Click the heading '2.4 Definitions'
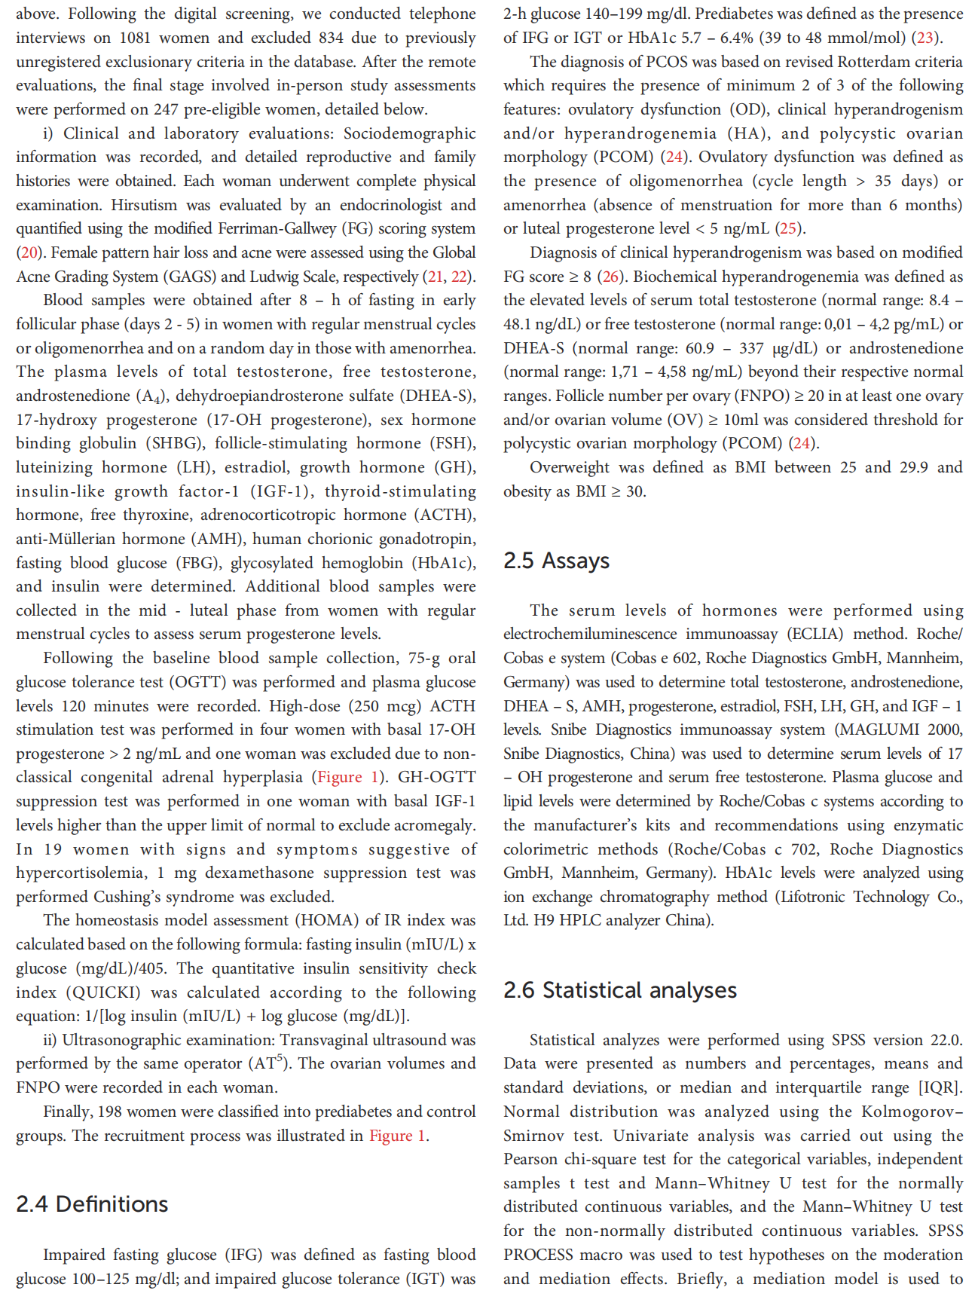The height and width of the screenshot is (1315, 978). click(x=92, y=1204)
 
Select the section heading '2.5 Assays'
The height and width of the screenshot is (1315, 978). click(x=556, y=561)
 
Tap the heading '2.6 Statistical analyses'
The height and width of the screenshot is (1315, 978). click(x=619, y=990)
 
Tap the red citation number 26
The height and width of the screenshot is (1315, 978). click(x=610, y=277)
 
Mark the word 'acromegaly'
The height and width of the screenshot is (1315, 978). click(x=435, y=825)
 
